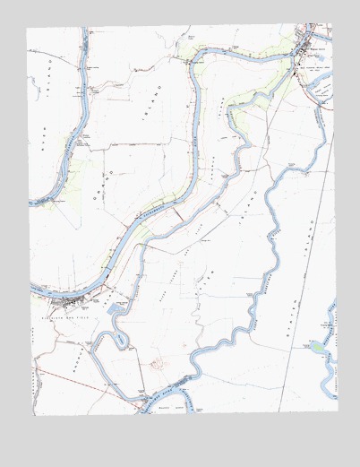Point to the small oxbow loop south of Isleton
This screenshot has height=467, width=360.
pyautogui.click(x=107, y=339)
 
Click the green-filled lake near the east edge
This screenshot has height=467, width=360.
pyautogui.click(x=318, y=347)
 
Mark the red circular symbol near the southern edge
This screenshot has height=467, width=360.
pyautogui.click(x=159, y=364)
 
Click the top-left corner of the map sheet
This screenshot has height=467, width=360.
pyautogui.click(x=28, y=27)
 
